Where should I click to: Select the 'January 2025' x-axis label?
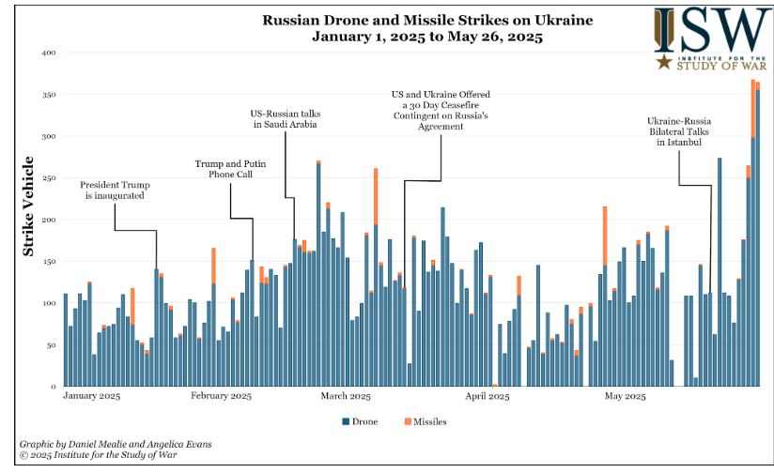pyautogui.click(x=91, y=397)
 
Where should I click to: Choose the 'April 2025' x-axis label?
pyautogui.click(x=487, y=397)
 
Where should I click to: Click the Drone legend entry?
pyautogui.click(x=360, y=422)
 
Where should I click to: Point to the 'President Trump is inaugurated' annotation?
pyautogui.click(x=115, y=191)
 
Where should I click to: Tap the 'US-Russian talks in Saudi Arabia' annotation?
pyautogui.click(x=285, y=119)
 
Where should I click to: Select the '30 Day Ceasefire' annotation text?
pyautogui.click(x=441, y=110)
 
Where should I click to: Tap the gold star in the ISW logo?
pyautogui.click(x=664, y=63)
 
